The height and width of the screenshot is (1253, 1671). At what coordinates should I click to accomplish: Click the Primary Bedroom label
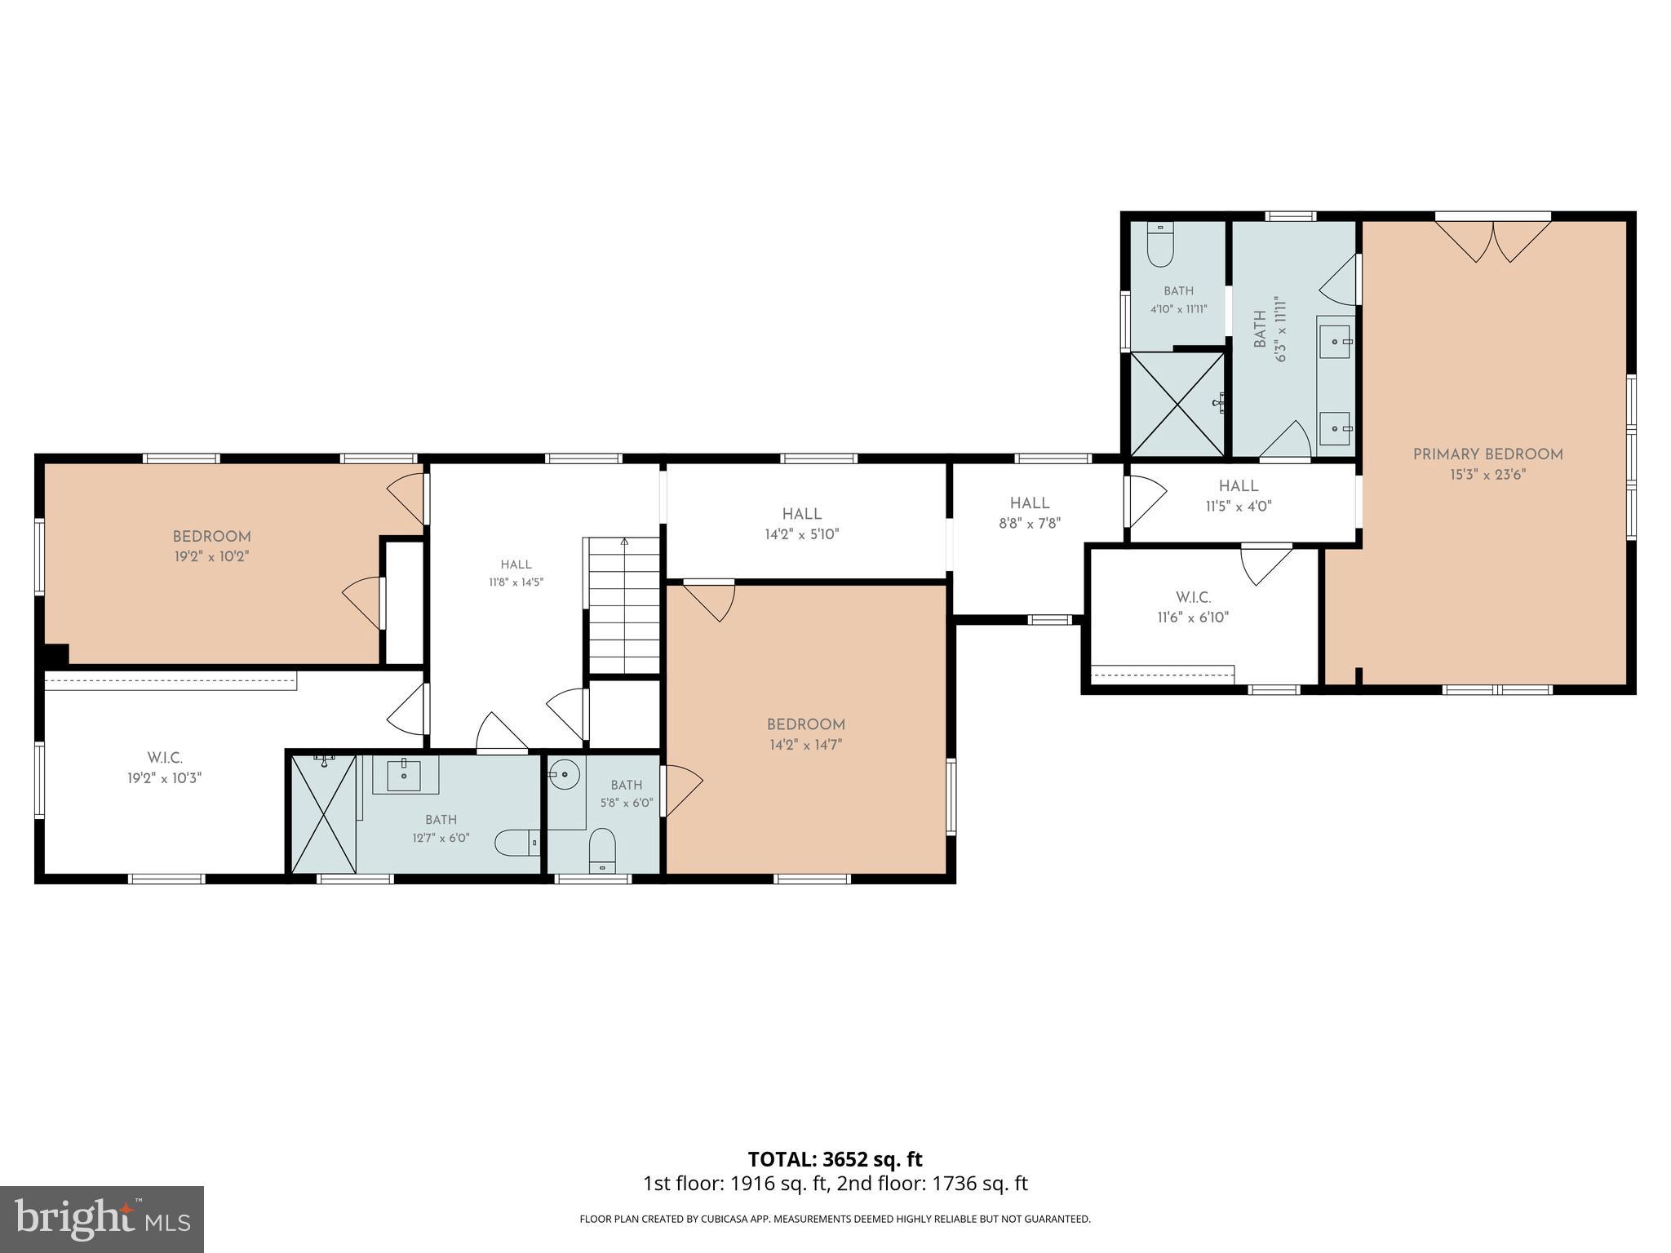(x=1487, y=454)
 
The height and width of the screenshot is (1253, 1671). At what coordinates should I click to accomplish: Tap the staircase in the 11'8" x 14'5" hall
(x=623, y=605)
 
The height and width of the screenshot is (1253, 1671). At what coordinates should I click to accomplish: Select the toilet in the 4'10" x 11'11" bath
(x=1159, y=244)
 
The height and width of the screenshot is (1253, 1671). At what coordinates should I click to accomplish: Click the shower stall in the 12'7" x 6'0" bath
(x=324, y=813)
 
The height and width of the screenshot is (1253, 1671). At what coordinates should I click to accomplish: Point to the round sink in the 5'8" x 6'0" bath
(x=564, y=773)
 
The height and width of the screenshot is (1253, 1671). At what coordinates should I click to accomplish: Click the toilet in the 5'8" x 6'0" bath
(x=602, y=850)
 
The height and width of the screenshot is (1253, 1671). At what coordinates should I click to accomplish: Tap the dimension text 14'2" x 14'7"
(x=805, y=745)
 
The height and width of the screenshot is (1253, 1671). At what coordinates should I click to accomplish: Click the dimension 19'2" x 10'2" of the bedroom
(x=211, y=556)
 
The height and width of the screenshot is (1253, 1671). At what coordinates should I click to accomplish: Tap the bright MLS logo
(x=102, y=1220)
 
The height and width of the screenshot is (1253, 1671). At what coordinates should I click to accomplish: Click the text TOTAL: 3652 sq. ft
(x=835, y=1159)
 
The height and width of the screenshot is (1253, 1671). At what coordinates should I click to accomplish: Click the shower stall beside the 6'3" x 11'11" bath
(x=1177, y=403)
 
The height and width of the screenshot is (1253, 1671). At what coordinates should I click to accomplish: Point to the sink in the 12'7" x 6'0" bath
(x=405, y=774)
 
